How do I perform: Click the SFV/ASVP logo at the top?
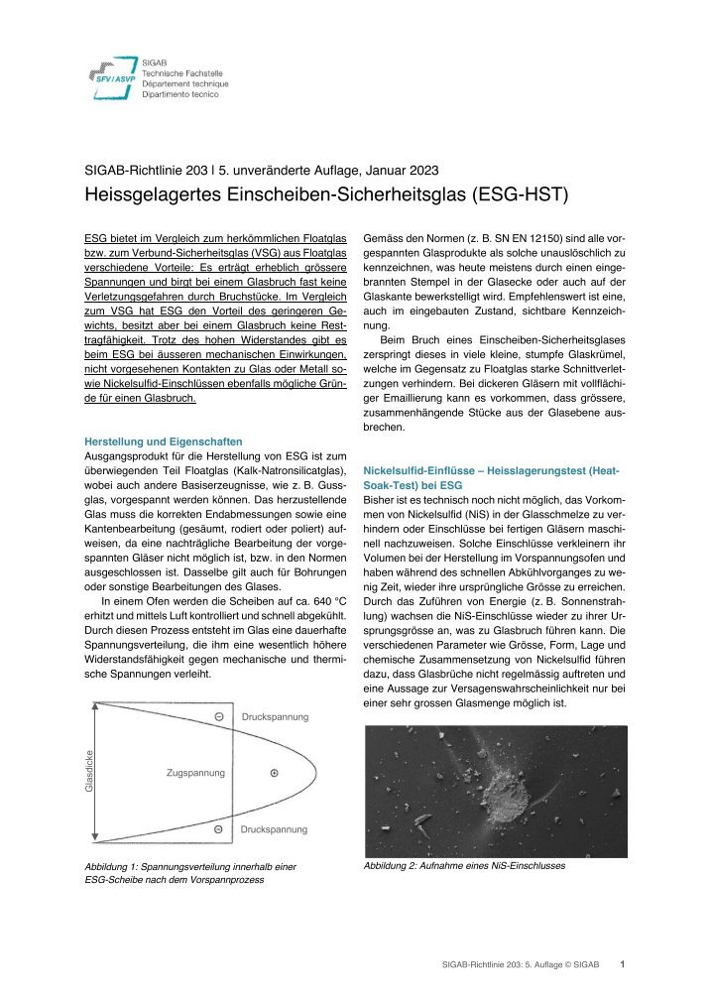tap(109, 75)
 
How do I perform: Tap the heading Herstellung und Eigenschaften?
tap(163, 440)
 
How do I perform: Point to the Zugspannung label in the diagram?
tap(195, 772)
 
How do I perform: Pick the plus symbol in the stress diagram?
tap(274, 772)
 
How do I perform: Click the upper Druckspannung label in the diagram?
tap(275, 716)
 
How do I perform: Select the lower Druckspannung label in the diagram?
tap(275, 829)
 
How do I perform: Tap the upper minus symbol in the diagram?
tap(218, 716)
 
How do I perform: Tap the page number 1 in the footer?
tap(622, 962)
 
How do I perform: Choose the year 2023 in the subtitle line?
tap(420, 170)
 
